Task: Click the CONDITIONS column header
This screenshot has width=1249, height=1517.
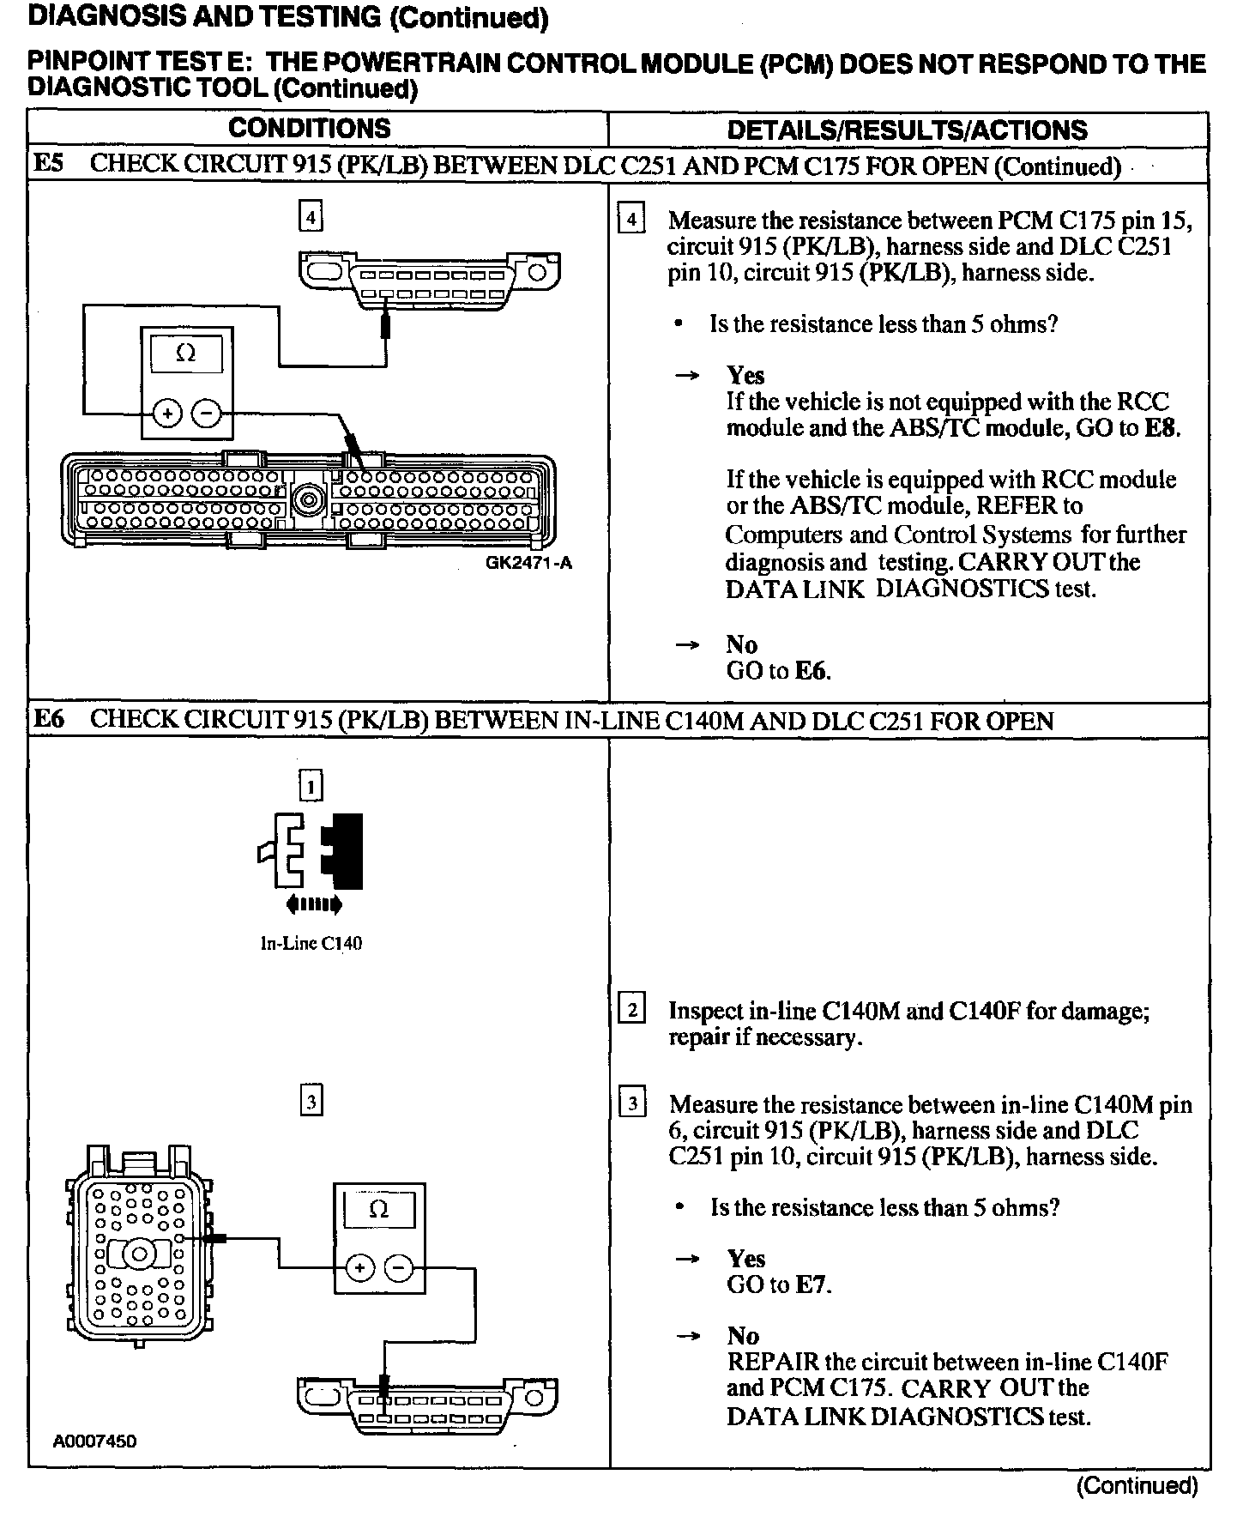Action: pos(310,129)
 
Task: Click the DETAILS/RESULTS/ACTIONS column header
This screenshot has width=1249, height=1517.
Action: pos(907,130)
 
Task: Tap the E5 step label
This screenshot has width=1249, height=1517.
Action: pos(48,164)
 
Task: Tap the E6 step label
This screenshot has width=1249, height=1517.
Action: pos(49,719)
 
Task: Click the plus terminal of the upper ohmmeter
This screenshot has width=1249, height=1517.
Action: pos(168,415)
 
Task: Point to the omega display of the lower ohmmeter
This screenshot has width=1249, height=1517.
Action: pos(378,1210)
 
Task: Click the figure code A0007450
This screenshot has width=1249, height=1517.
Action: pos(95,1441)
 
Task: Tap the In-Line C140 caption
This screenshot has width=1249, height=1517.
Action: pos(311,944)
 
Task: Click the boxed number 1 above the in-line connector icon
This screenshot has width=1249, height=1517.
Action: pos(311,786)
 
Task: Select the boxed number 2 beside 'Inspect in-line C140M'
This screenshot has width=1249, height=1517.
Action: pos(631,1010)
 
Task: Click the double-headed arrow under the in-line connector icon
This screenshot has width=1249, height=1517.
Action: pos(315,904)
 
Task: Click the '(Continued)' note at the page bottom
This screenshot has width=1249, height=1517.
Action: pos(1137,1486)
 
